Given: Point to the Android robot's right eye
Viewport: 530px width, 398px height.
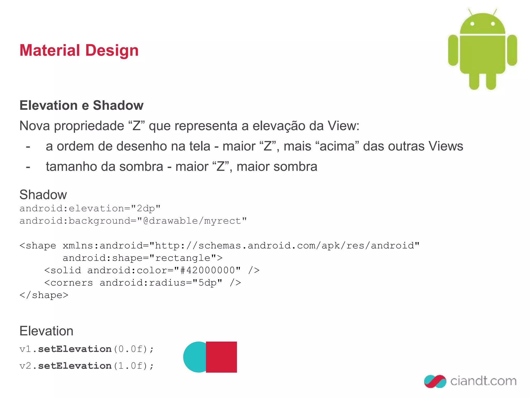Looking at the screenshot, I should (x=493, y=24).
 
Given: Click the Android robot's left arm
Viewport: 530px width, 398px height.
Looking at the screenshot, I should (x=453, y=51).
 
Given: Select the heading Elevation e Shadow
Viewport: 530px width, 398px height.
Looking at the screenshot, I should (x=82, y=105).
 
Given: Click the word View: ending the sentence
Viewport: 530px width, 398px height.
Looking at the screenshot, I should (x=343, y=126).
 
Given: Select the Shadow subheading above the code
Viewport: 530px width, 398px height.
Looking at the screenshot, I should (x=43, y=195).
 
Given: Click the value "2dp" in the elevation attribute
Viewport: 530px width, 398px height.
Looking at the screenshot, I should (x=146, y=209).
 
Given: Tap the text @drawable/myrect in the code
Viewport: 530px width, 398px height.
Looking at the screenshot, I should (x=192, y=221).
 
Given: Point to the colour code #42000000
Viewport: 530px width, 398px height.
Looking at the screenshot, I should (x=207, y=271).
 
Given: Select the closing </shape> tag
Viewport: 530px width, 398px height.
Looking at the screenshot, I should (x=44, y=295).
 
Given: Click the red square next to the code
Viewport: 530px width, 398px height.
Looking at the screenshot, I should (x=222, y=357).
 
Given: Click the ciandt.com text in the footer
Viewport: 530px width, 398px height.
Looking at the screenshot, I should (x=483, y=381).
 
